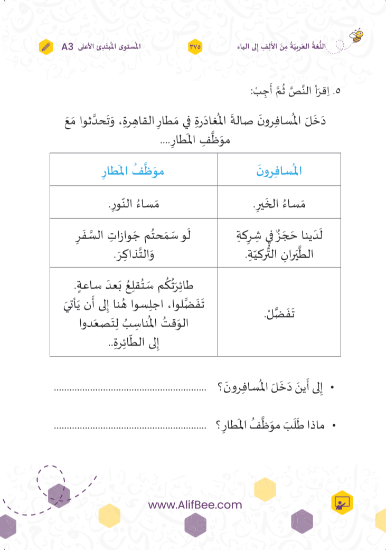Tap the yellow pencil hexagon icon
pyautogui.click(x=46, y=46)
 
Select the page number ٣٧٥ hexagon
pyautogui.click(x=194, y=46)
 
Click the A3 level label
pyautogui.click(x=68, y=46)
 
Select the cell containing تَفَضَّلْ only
pyautogui.click(x=279, y=312)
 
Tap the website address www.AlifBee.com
pyautogui.click(x=195, y=505)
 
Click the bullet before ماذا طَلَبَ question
pyautogui.click(x=333, y=425)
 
